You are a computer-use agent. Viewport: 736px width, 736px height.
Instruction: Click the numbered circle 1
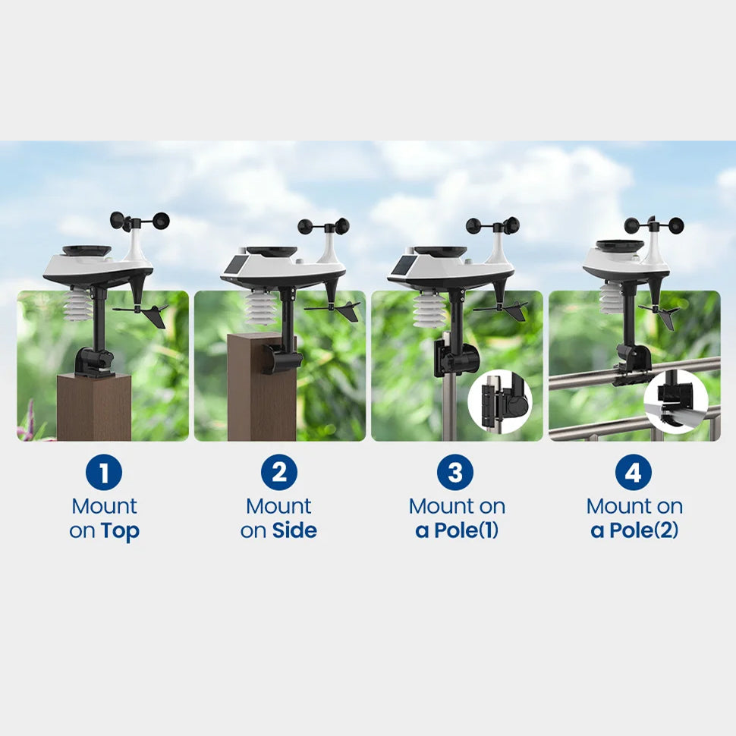pyautogui.click(x=104, y=472)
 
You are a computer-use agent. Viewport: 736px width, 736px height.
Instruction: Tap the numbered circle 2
pyautogui.click(x=279, y=472)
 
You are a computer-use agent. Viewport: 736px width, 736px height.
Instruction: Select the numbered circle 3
pyautogui.click(x=455, y=472)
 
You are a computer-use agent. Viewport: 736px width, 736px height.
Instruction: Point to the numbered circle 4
pyautogui.click(x=634, y=472)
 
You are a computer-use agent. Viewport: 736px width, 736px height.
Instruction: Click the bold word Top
pyautogui.click(x=120, y=531)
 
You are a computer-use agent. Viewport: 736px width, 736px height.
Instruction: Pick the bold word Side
pyautogui.click(x=294, y=530)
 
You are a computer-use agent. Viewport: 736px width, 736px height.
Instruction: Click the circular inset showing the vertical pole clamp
pyautogui.click(x=500, y=402)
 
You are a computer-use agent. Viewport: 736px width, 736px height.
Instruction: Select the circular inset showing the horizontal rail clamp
pyautogui.click(x=676, y=402)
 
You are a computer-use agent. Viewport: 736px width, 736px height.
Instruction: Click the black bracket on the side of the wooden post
pyautogui.click(x=282, y=358)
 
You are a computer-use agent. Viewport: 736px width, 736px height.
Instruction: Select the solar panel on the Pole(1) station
pyautogui.click(x=402, y=266)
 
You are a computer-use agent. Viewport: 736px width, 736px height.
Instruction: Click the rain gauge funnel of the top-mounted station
pyautogui.click(x=86, y=251)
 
